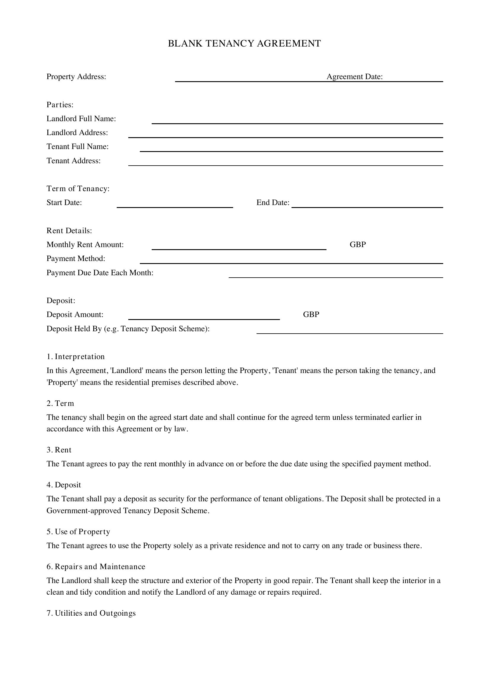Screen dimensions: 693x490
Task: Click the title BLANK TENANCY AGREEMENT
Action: point(244,44)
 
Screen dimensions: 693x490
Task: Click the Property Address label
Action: point(76,77)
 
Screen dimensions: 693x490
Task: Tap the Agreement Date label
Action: point(355,77)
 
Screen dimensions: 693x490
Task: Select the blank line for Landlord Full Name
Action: point(297,123)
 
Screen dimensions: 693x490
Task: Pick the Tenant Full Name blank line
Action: point(291,151)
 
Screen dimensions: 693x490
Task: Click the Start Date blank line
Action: point(175,207)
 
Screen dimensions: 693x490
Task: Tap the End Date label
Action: point(273,203)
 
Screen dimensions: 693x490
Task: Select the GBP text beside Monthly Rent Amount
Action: point(358,244)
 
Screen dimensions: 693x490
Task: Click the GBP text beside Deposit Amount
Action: point(311,315)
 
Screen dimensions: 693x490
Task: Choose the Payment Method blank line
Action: point(291,263)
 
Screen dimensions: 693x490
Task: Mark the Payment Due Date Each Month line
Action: point(336,277)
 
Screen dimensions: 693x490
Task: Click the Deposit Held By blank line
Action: point(349,333)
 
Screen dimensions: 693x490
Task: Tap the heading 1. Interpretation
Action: point(76,356)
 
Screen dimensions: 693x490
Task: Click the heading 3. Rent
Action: point(59,450)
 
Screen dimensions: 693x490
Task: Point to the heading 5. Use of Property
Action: point(78,532)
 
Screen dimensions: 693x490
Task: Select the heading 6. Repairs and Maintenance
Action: point(96,566)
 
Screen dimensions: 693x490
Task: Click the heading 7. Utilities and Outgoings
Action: point(91,613)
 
